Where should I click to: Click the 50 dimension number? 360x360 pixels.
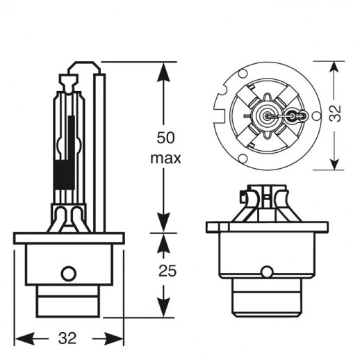165,138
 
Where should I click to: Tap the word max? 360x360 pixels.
165,158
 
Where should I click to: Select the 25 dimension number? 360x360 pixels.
167,270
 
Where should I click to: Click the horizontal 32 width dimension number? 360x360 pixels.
67,338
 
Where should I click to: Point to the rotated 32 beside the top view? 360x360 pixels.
335,113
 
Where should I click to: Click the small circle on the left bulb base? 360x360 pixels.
69,273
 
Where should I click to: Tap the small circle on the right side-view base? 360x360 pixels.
267,272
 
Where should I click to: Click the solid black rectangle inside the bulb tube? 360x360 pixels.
64,174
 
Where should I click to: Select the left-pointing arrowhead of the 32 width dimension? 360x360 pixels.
24,338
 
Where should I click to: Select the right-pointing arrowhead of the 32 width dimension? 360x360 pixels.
113,338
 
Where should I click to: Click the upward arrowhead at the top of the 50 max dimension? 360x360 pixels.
163,72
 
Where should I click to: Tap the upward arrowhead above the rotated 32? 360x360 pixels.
334,71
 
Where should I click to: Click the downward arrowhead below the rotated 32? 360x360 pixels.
334,160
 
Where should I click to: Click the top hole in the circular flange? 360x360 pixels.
243,74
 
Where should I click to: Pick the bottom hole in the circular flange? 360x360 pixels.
243,158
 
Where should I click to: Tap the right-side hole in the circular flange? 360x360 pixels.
316,115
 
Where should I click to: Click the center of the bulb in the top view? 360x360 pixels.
267,115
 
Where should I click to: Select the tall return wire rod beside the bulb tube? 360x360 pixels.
99,153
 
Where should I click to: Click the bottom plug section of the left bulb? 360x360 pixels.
68,301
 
